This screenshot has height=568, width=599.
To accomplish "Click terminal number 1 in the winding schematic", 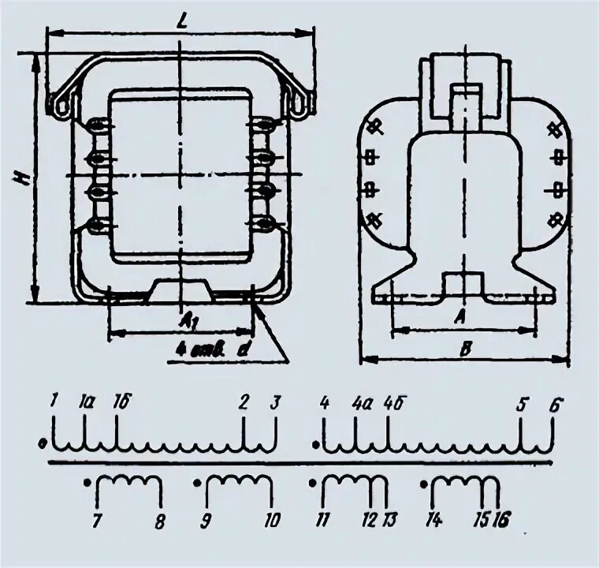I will (54, 402).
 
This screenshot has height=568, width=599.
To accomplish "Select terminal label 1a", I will (85, 402).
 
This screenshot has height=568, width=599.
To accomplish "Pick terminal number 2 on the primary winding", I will (244, 402).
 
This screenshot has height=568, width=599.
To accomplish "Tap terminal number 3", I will (274, 402).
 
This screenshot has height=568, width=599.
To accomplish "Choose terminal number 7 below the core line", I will (96, 521).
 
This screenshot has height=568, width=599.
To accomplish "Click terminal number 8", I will (161, 521).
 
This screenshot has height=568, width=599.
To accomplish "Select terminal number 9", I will (206, 521).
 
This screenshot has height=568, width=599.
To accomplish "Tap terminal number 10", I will (272, 521).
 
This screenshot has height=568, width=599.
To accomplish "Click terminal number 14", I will (433, 521).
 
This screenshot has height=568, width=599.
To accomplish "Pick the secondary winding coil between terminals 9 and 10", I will (238, 483).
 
